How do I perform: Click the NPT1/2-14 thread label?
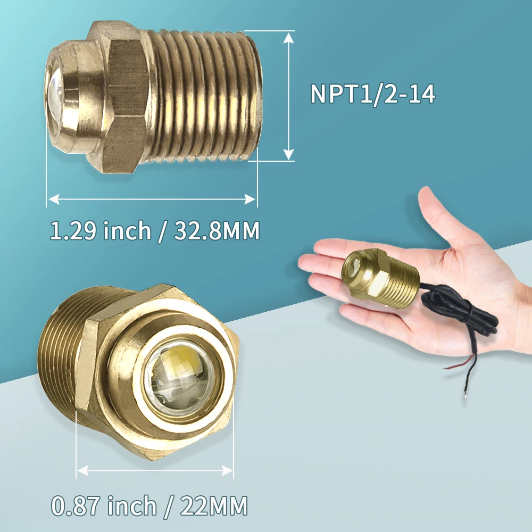point(372,94)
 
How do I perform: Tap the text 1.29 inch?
point(100,230)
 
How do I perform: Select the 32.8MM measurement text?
point(217,230)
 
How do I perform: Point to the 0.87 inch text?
point(104,505)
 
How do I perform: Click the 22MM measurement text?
point(214,505)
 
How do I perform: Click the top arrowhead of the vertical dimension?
point(288,38)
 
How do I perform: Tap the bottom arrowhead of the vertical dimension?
point(288,154)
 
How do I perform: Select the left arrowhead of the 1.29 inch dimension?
point(54,199)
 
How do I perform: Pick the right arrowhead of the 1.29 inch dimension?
point(250,199)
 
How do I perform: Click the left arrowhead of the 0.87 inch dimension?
point(83,471)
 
